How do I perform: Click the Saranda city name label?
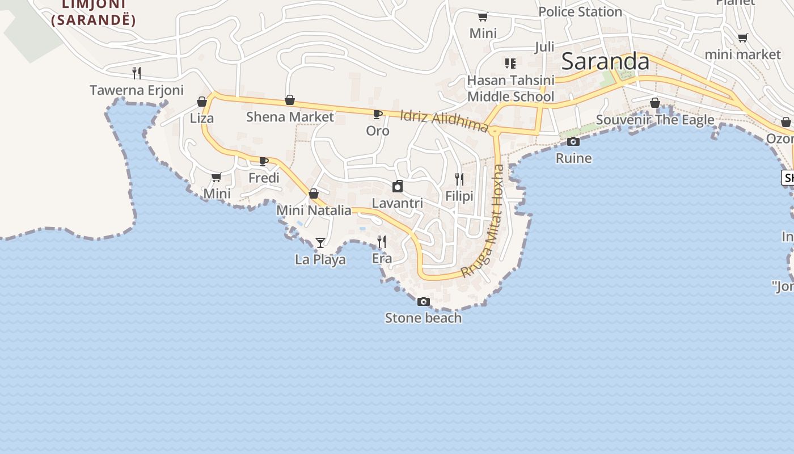click(605, 62)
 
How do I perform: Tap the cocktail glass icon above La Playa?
click(320, 243)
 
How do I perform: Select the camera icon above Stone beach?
click(423, 302)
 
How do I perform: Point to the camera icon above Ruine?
click(573, 142)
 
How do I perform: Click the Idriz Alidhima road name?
click(444, 120)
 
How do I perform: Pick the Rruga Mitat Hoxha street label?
click(483, 221)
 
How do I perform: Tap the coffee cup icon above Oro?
click(377, 114)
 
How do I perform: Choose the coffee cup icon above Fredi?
click(264, 161)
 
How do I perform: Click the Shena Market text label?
click(290, 117)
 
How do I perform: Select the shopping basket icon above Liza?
click(201, 102)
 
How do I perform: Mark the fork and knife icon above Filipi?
click(459, 179)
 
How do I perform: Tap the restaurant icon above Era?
click(382, 242)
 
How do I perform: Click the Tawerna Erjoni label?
click(137, 90)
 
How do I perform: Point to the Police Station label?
click(580, 12)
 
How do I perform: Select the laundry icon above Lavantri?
click(398, 186)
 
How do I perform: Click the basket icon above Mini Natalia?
click(314, 194)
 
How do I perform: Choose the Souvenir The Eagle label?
click(655, 120)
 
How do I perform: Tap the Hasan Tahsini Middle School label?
click(510, 89)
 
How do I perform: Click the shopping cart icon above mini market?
click(742, 38)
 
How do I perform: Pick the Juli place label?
click(544, 47)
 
